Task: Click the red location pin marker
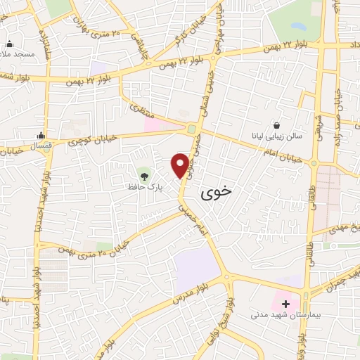(x=181, y=165)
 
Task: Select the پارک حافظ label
(x=141, y=188)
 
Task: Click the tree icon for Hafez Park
(x=144, y=174)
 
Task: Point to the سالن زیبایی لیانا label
(x=277, y=136)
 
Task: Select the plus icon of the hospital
(x=286, y=304)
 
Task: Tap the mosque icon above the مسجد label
(x=10, y=42)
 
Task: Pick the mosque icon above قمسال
(x=43, y=136)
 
